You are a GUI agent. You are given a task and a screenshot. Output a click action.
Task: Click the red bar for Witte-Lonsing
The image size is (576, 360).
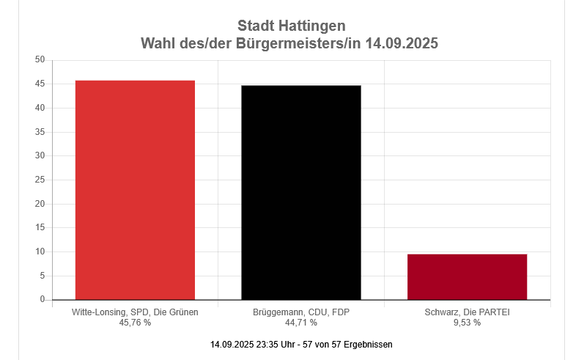[135, 190]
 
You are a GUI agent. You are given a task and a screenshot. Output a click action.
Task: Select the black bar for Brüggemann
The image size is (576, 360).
[301, 192]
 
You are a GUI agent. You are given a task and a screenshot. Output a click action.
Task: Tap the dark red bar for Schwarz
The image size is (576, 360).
[467, 276]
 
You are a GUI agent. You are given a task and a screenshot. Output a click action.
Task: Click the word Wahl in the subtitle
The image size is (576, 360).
[157, 43]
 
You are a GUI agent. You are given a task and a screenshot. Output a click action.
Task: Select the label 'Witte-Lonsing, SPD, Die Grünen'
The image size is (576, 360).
[135, 312]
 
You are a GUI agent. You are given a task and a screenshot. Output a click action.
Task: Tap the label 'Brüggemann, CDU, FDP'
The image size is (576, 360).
[301, 312]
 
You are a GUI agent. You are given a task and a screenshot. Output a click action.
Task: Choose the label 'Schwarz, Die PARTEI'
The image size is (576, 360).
[467, 312]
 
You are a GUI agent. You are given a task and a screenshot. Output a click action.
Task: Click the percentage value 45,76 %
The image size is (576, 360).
[135, 323]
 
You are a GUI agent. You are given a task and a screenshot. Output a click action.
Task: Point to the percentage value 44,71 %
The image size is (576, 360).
[301, 323]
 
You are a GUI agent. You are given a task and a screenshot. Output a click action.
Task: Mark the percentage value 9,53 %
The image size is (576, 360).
[467, 323]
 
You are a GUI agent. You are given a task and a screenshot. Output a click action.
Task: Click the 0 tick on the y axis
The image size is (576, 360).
[43, 300]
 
